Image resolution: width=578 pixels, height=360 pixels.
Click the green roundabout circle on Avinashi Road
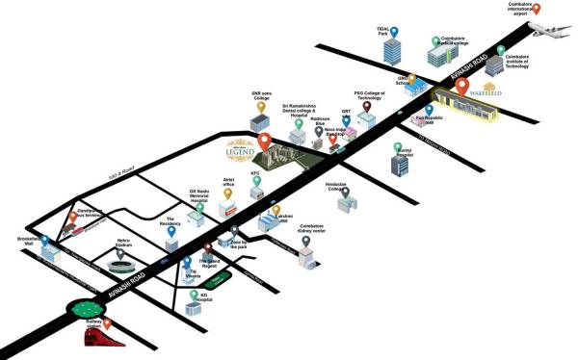pos(83,312)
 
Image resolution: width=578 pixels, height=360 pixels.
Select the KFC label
pos(255,174)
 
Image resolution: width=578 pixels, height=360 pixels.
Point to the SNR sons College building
pos(257,122)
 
